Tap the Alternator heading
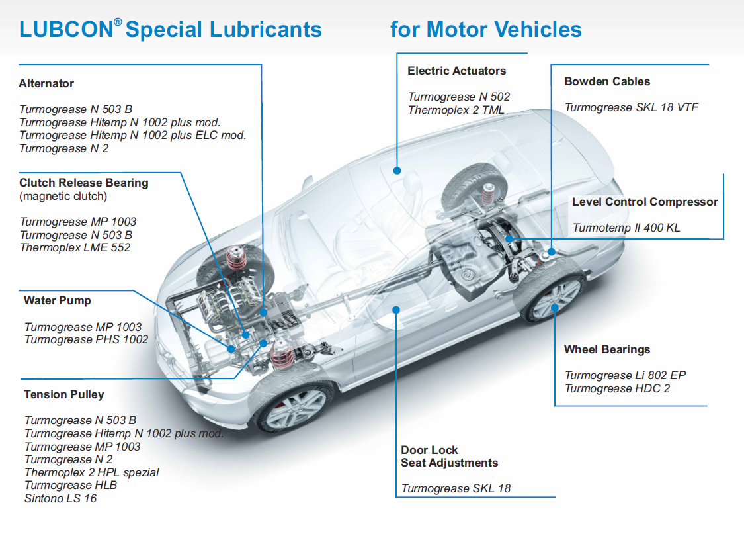point(46,84)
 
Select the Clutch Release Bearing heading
point(84,183)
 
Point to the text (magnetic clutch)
point(63,196)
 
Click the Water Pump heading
point(58,300)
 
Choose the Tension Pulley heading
point(64,394)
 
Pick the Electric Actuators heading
point(456,71)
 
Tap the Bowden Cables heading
point(607,81)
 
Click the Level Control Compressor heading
point(645,202)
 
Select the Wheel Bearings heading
point(607,349)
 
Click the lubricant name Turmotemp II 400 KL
point(626,228)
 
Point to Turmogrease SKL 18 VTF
point(632,107)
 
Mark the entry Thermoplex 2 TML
point(456,110)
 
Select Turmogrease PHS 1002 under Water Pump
point(86,339)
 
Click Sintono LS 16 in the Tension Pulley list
point(60,498)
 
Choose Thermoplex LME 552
point(75,247)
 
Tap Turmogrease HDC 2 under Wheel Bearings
point(617,388)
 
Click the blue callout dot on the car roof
point(397,170)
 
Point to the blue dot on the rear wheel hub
point(554,307)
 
